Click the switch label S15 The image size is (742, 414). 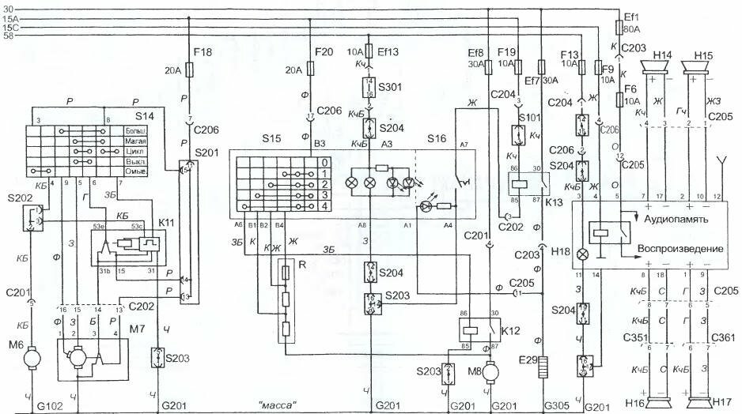tap(272, 139)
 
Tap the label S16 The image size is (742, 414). tap(437, 139)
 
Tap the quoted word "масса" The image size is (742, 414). tap(277, 405)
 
